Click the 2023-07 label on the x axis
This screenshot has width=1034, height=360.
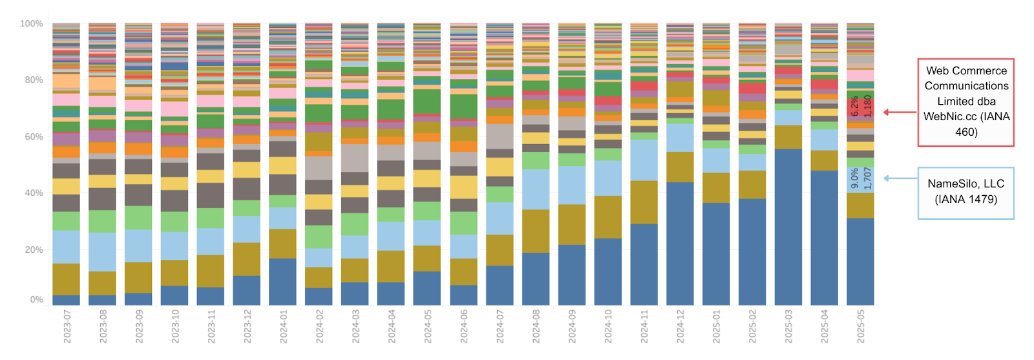tap(67, 326)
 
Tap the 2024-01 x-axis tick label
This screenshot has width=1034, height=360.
tap(284, 326)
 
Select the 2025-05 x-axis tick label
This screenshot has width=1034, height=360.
tap(861, 326)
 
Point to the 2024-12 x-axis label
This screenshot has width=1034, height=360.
tap(681, 326)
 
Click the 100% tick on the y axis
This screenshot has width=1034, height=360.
tap(31, 24)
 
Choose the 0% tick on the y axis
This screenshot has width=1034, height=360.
tap(36, 300)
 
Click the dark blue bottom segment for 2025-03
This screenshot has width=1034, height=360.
tap(788, 226)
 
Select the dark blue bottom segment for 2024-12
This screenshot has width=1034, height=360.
tap(681, 243)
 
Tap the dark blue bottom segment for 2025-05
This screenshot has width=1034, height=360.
tap(860, 261)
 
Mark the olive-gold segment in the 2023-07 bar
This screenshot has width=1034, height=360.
tap(67, 279)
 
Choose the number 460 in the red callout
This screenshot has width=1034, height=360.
tap(966, 132)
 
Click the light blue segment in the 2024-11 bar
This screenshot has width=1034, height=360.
tap(644, 159)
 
